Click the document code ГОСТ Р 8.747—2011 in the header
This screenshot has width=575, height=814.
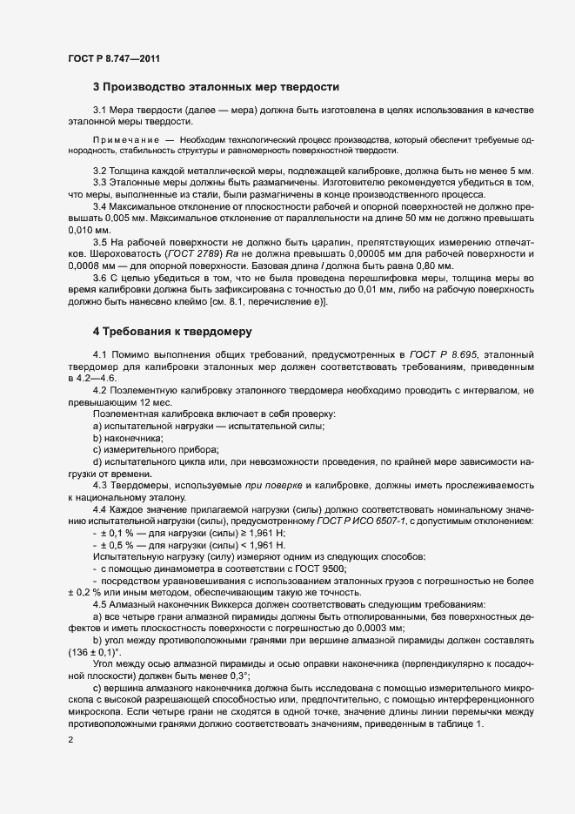pyautogui.click(x=113, y=58)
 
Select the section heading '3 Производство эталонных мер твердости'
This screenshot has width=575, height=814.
pyautogui.click(x=216, y=87)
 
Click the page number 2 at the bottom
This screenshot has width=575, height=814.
pyautogui.click(x=70, y=741)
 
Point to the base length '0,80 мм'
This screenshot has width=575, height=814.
pyautogui.click(x=445, y=265)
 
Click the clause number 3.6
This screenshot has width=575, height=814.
pyautogui.click(x=100, y=278)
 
